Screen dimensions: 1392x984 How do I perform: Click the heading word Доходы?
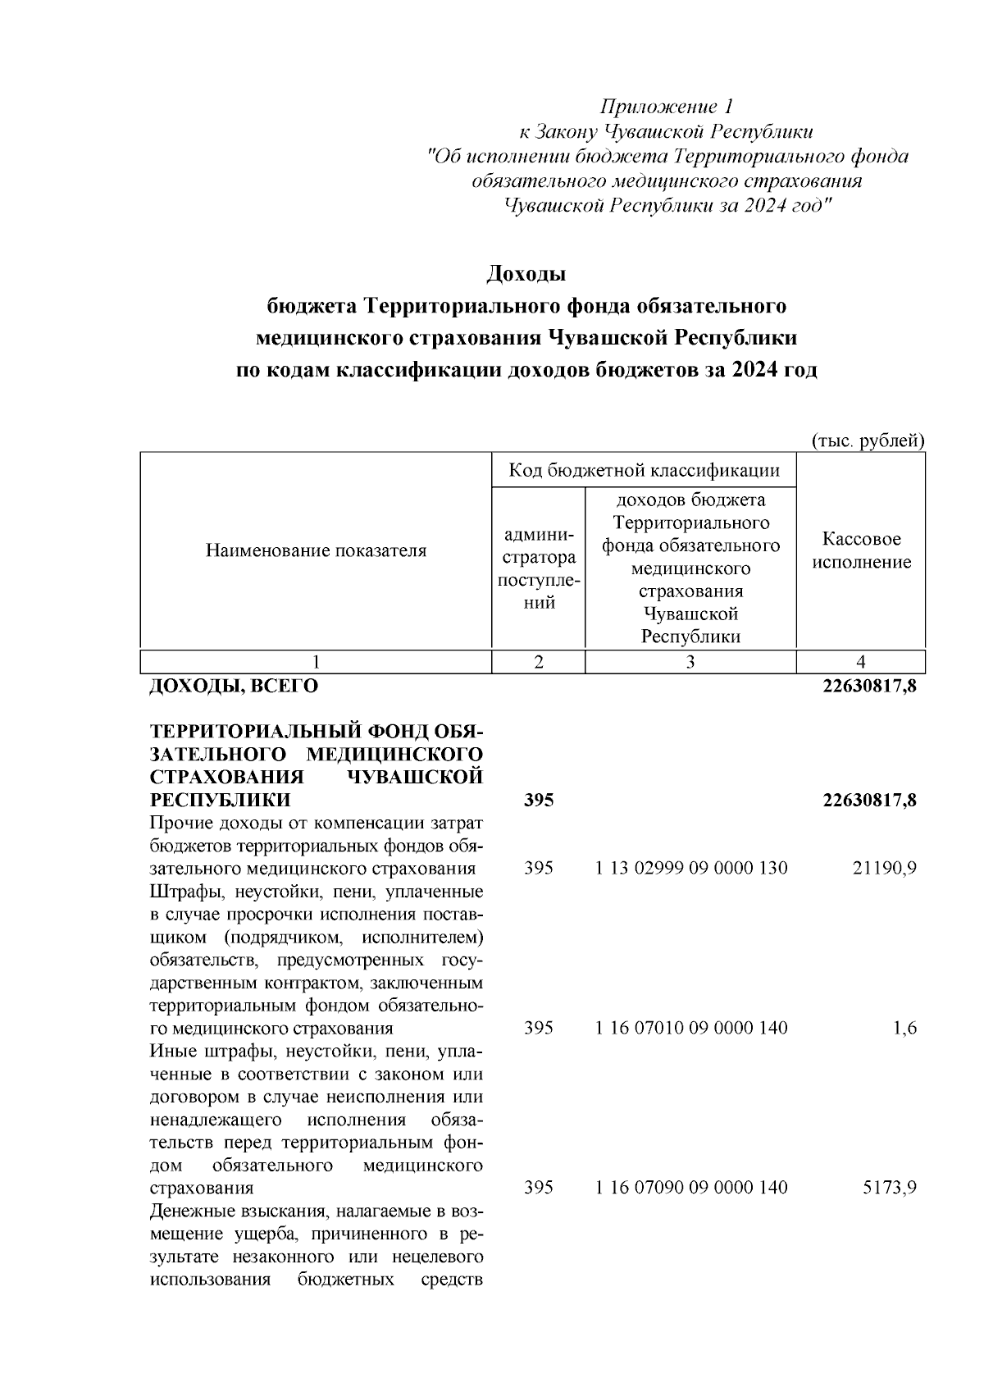[x=526, y=273]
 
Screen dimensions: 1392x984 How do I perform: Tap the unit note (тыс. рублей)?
[x=868, y=440]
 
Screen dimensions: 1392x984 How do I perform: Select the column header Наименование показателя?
[x=316, y=550]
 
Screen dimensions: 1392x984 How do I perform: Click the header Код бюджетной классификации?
[x=644, y=470]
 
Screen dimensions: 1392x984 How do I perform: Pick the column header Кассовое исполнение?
[x=861, y=550]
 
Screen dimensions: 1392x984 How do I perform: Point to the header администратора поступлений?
[x=539, y=568]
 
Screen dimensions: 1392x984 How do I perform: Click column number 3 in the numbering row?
[x=690, y=663]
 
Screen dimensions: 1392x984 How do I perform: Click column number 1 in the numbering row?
[x=316, y=663]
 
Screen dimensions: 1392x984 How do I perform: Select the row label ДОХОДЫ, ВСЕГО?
[x=234, y=687]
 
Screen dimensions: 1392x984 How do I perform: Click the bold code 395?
[x=539, y=800]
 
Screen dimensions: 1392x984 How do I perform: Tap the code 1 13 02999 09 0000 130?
[x=691, y=868]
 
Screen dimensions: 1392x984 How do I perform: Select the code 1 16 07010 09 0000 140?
[x=691, y=1028]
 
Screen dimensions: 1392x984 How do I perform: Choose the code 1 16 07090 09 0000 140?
[x=691, y=1187]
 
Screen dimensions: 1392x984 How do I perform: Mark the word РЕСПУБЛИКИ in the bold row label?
[x=220, y=800]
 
